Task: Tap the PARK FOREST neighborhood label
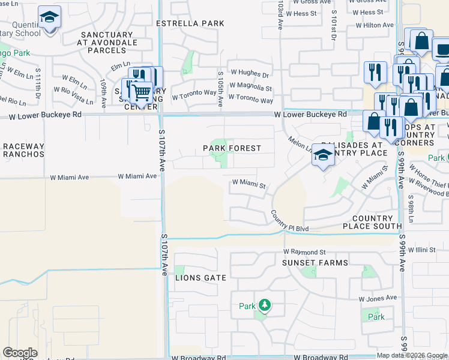232,148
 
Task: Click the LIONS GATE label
200,278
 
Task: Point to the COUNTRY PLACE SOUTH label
372,222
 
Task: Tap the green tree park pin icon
264,305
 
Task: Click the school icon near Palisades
324,157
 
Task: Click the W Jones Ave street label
378,298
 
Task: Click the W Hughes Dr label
250,75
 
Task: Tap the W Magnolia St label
250,87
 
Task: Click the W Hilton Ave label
375,25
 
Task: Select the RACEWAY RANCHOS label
23,150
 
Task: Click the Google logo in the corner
20,353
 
